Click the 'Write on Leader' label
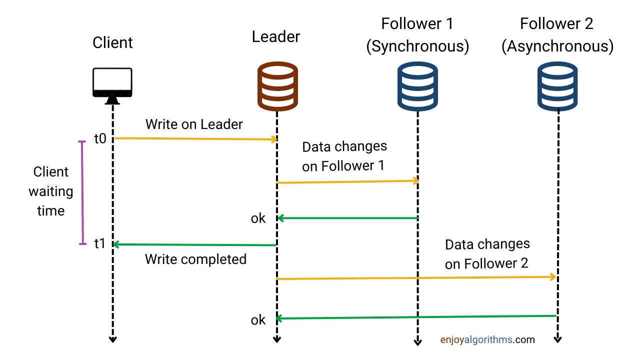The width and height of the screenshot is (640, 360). (194, 124)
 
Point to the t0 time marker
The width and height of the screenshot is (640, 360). (100, 138)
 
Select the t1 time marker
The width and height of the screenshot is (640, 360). (100, 244)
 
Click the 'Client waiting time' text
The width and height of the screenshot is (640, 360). (50, 191)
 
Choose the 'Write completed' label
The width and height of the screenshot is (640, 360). (195, 259)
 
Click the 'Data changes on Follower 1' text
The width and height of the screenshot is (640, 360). (344, 156)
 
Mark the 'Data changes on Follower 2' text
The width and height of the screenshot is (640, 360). (487, 254)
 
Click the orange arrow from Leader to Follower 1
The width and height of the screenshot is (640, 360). (347, 181)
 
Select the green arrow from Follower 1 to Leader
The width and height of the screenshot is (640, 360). (347, 218)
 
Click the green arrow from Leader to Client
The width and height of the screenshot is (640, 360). (195, 244)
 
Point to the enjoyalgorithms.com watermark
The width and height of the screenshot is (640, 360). (487, 340)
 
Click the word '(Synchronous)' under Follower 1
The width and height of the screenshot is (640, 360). (417, 46)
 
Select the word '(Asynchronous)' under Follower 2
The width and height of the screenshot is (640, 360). (557, 46)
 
